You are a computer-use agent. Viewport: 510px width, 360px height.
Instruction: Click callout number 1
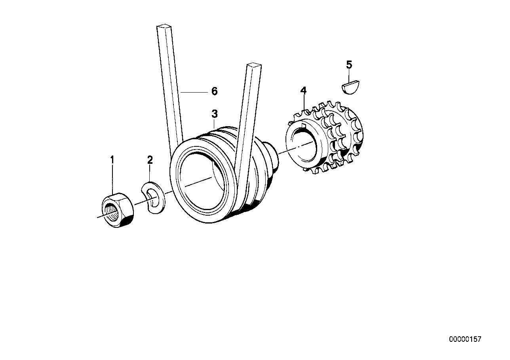pyautogui.click(x=112, y=160)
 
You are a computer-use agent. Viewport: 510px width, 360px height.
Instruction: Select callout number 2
pyautogui.click(x=150, y=160)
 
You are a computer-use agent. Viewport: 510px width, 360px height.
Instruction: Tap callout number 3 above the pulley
pyautogui.click(x=214, y=114)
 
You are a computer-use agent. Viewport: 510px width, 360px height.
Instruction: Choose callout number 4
pyautogui.click(x=303, y=91)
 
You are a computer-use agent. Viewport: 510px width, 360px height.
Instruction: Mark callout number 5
pyautogui.click(x=349, y=65)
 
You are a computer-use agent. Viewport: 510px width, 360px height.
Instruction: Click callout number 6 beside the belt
pyautogui.click(x=214, y=91)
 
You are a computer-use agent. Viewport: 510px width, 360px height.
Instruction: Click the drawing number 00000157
pyautogui.click(x=465, y=339)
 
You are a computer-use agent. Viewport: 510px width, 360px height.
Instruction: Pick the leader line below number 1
pyautogui.click(x=112, y=178)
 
